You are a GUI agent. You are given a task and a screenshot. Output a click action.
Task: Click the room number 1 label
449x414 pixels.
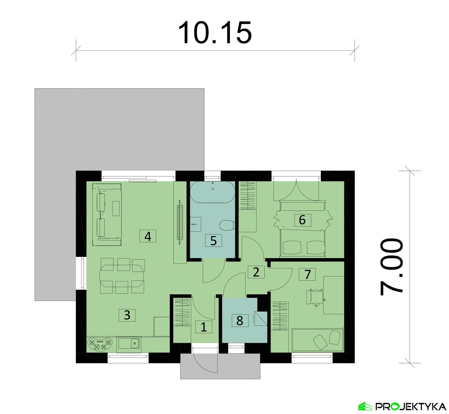pos(204,327)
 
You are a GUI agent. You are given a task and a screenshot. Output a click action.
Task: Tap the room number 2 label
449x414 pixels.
pos(256,272)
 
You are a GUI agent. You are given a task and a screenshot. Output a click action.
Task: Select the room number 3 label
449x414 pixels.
pos(127,315)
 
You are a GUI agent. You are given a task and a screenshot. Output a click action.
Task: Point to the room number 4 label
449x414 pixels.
pos(148,236)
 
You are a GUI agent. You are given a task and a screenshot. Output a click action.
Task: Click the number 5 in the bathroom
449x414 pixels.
pos(213,241)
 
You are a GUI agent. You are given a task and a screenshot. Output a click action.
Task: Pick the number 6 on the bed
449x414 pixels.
pos(302,220)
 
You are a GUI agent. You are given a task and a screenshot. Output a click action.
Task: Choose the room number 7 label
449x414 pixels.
pos(307,274)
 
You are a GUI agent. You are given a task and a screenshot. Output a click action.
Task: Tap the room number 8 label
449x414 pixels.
pos(240,320)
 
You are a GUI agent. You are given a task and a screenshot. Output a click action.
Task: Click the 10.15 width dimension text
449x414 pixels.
pos(215,33)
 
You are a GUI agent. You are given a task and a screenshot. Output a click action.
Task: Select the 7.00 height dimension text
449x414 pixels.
pos(392,267)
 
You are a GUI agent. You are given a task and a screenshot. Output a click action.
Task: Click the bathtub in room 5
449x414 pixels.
pos(212,192)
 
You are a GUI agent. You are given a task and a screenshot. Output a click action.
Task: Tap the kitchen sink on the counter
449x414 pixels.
pos(135,343)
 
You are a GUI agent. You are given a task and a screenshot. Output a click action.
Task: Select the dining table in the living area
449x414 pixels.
pos(122,276)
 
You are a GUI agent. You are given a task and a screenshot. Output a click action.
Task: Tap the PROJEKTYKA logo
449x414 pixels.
pos(402,406)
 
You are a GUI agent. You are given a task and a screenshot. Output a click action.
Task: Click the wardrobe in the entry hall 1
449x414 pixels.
pos(183,312)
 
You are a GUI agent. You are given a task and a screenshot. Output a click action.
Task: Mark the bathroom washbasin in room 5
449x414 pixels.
pos(195,224)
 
